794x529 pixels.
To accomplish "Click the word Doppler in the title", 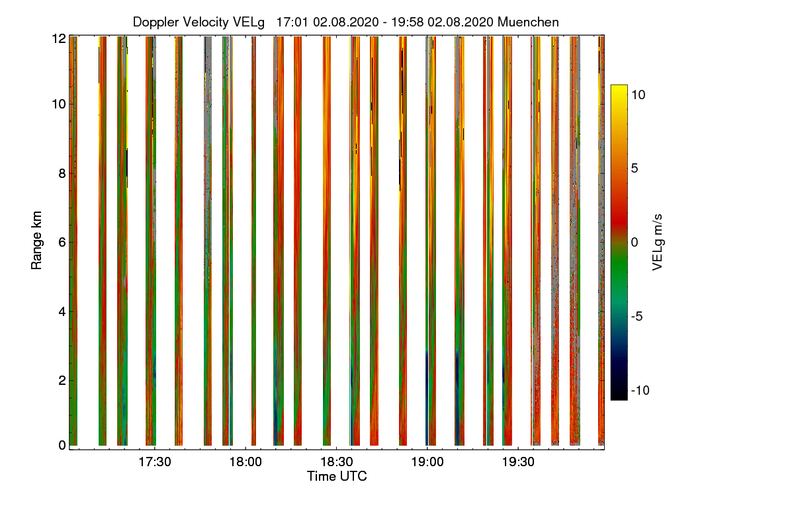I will (157, 22).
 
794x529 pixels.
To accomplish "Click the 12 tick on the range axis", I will (59, 38).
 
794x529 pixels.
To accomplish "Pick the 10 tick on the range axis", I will (59, 104).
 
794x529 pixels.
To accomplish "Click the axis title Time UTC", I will (337, 476).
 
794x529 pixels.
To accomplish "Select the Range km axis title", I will (38, 242).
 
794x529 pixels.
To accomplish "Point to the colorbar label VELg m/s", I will (658, 242).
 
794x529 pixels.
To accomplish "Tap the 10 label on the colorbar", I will (638, 95).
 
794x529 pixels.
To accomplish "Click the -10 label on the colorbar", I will (640, 390).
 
